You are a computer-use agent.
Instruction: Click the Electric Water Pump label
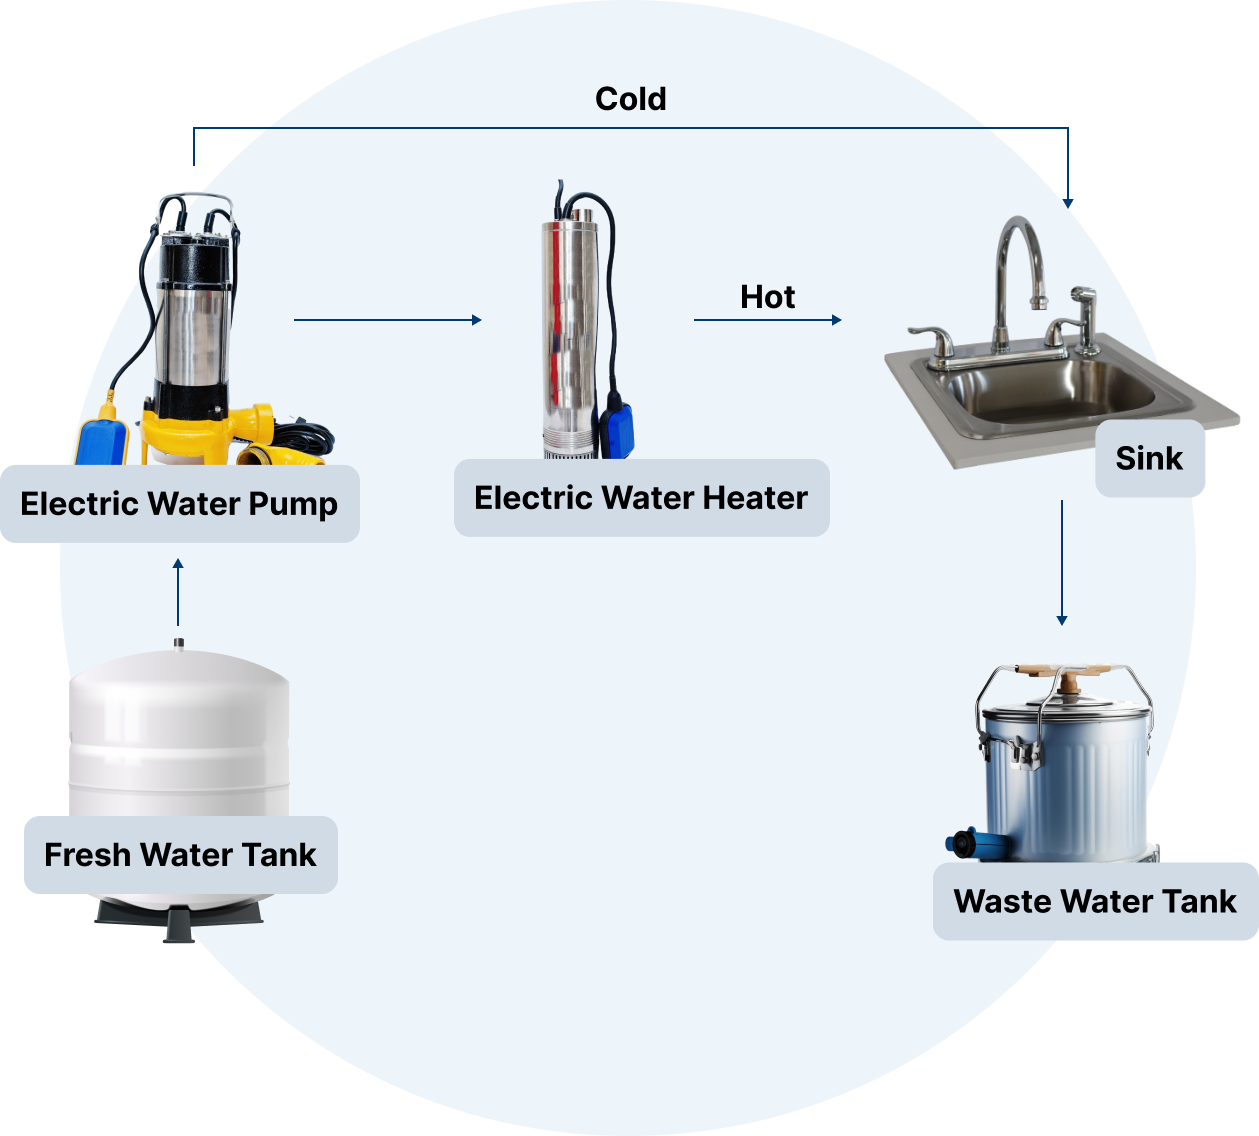tap(179, 503)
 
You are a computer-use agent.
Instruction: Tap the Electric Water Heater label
tap(641, 498)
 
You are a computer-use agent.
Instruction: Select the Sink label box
tap(1149, 458)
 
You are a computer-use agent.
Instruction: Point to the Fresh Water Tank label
tap(180, 855)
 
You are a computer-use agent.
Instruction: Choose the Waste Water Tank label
tap(1095, 901)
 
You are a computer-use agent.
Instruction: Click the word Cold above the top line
tap(630, 99)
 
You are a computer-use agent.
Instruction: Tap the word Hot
tap(767, 297)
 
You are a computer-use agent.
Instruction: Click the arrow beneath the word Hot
tap(768, 320)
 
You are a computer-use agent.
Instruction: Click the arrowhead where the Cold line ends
tap(1068, 204)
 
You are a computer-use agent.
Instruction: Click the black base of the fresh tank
tap(180, 916)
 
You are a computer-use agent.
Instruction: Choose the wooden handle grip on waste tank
tap(1068, 680)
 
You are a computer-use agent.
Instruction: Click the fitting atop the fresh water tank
tap(178, 643)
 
